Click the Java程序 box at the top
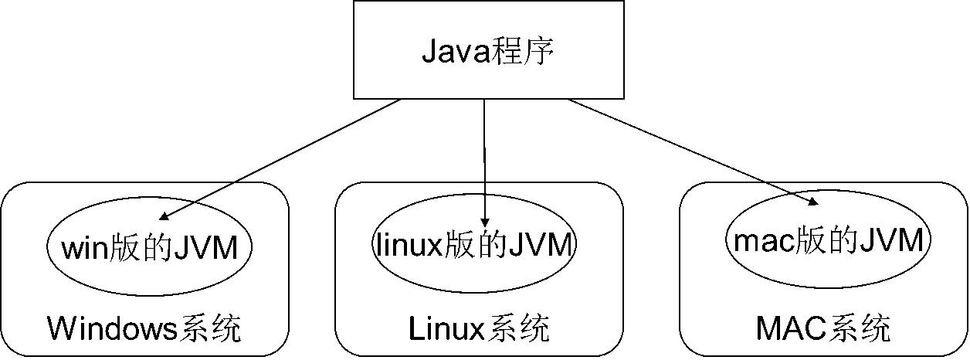(x=488, y=49)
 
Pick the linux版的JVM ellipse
(x=474, y=246)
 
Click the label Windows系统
(x=144, y=329)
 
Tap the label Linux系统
(x=479, y=329)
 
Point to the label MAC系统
(x=823, y=329)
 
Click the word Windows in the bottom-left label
(x=113, y=329)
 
